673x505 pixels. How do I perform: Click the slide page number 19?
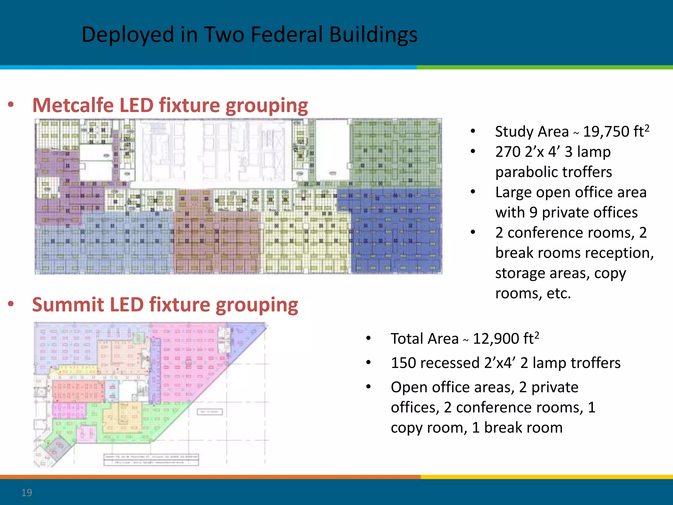pos(27,493)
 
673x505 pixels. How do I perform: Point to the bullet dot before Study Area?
pos(473,132)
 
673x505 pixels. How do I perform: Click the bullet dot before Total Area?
pos(368,339)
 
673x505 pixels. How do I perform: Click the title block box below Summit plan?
pos(151,460)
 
